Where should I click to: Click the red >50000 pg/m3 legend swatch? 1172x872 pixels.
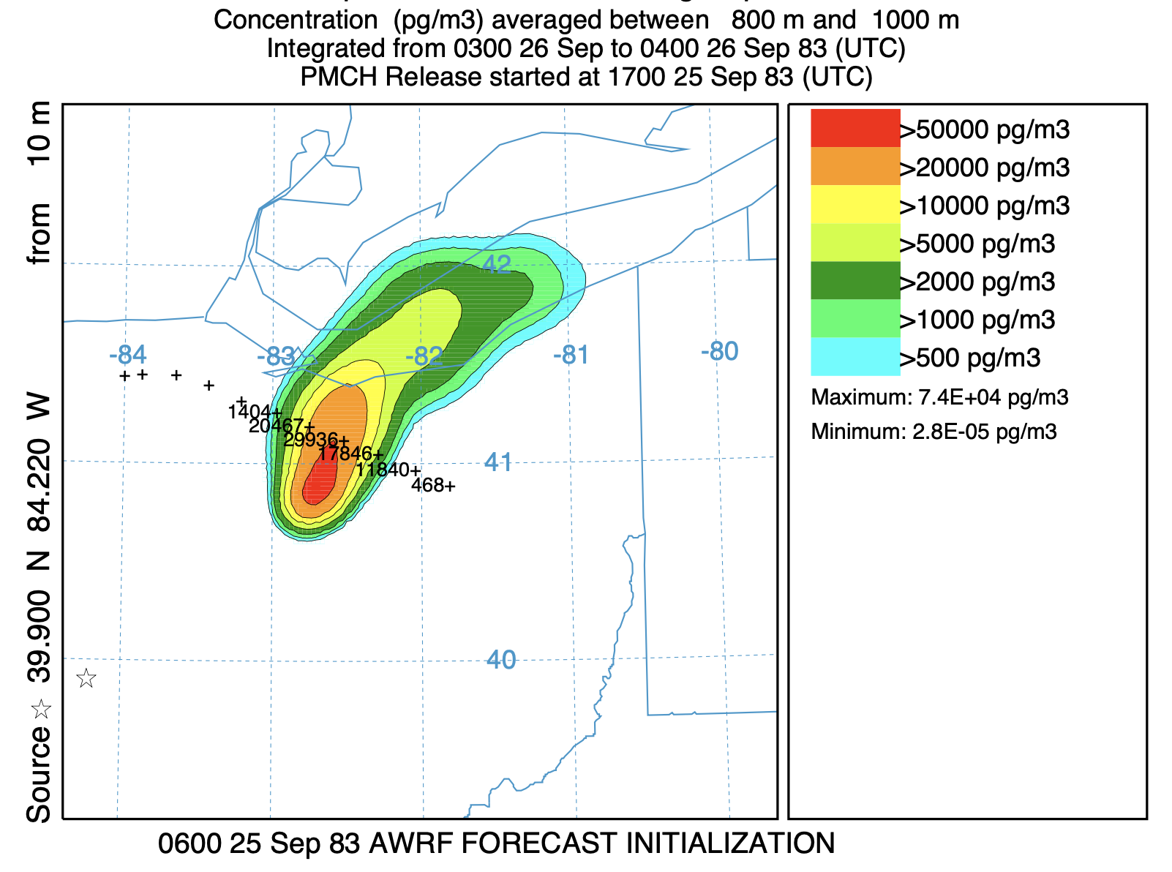click(854, 128)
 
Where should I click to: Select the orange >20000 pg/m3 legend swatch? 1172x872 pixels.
click(854, 166)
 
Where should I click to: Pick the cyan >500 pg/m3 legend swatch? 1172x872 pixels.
click(854, 356)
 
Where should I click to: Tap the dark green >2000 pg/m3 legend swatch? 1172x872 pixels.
click(854, 280)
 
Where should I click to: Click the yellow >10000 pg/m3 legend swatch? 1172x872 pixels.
click(854, 204)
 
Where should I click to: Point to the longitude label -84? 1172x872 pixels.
click(127, 356)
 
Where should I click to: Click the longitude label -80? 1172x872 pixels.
click(719, 352)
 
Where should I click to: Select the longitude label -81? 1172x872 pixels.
click(571, 356)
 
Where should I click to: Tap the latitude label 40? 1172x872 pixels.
click(501, 660)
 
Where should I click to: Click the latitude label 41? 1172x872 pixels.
click(498, 462)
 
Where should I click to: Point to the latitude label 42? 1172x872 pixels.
click(497, 263)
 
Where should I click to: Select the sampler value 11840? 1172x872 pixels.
click(383, 470)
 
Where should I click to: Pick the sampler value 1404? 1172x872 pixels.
click(249, 413)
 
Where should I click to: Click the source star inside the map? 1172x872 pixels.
click(86, 678)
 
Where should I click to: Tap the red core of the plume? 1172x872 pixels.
click(320, 480)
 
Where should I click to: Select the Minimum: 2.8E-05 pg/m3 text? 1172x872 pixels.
click(934, 432)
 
